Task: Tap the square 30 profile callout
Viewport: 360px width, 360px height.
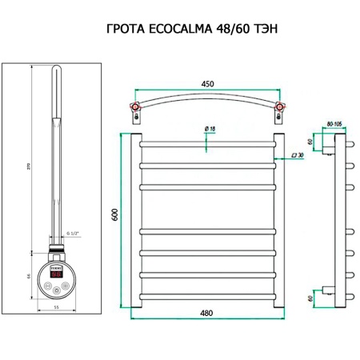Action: (x=295, y=154)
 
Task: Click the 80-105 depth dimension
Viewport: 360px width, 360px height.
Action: (x=334, y=124)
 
